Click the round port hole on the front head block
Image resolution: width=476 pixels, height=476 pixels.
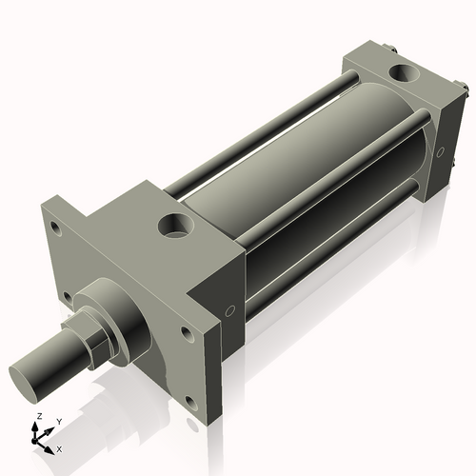click(176, 227)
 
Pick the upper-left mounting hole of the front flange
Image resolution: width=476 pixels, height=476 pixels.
click(56, 227)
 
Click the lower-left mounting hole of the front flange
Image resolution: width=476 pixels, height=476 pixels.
click(69, 299)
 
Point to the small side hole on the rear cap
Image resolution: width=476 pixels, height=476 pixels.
click(440, 150)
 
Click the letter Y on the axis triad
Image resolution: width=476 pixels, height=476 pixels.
click(58, 421)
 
